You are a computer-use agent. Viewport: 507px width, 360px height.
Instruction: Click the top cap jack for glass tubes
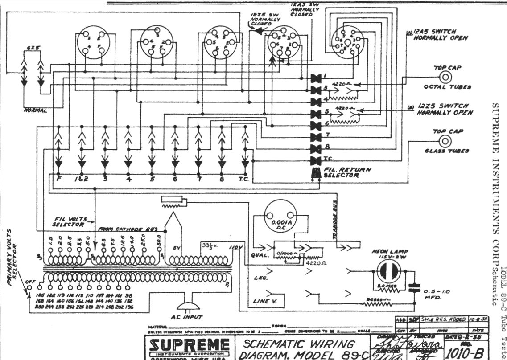coord(445,141)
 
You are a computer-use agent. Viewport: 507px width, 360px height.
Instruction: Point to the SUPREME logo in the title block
coord(189,346)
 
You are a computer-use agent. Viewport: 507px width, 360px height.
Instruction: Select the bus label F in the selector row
coord(58,179)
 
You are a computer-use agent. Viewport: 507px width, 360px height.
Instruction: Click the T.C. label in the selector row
coord(244,179)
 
